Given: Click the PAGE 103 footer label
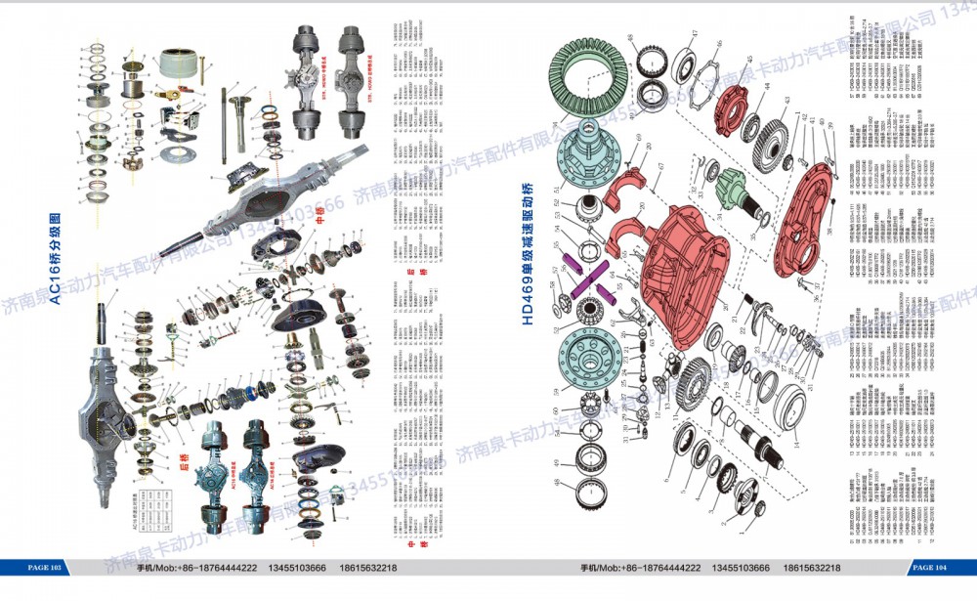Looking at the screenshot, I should pos(46,568).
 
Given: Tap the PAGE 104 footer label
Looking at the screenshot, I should pos(930,568).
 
